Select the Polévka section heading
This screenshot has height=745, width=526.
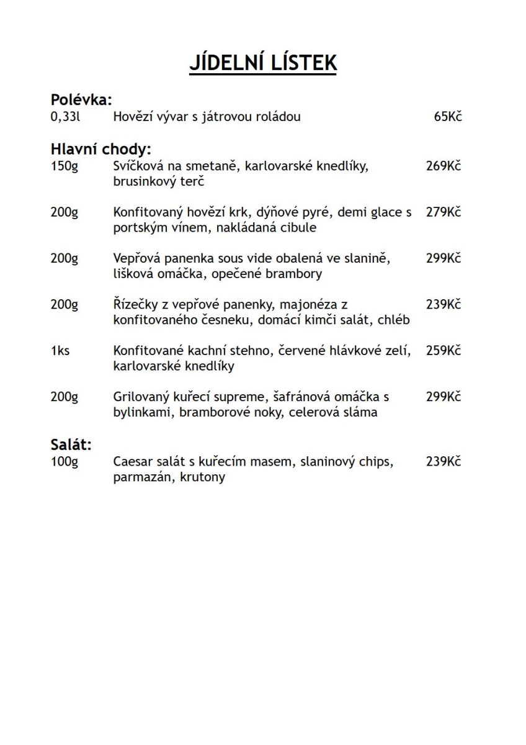[x=81, y=100]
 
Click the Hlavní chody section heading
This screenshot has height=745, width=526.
[x=101, y=150]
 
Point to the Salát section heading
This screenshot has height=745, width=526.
[x=71, y=445]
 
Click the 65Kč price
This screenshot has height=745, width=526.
[x=448, y=117]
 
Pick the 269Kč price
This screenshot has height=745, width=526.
[x=444, y=166]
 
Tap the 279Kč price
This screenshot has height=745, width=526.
[x=444, y=212]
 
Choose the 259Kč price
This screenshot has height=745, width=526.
[x=444, y=351]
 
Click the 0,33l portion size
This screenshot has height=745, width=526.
[x=66, y=117]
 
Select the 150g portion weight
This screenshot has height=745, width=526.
[x=65, y=166]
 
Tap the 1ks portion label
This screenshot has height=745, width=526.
[x=60, y=351]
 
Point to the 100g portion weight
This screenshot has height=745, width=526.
[x=65, y=461]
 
